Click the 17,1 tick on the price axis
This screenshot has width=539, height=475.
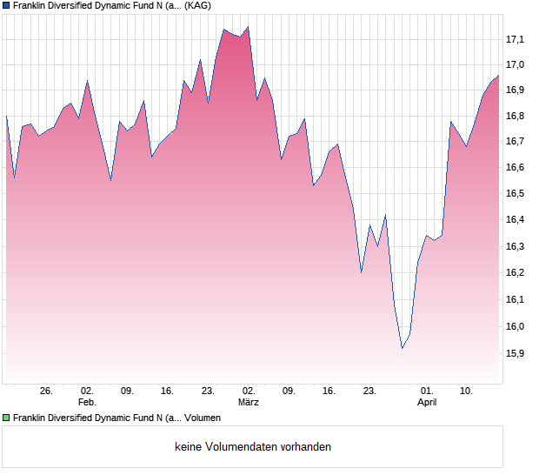click(x=516, y=39)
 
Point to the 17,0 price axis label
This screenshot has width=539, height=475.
click(x=516, y=64)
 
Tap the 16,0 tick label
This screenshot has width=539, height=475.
click(x=516, y=327)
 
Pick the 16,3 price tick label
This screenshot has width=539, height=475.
click(x=516, y=247)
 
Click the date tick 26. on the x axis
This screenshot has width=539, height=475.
click(x=47, y=391)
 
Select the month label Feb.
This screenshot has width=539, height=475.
click(x=86, y=403)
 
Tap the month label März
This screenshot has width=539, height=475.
click(x=249, y=403)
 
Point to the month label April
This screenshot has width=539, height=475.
click(x=427, y=403)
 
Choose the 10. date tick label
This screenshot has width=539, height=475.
click(x=467, y=391)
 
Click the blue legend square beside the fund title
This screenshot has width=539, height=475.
click(x=6, y=5)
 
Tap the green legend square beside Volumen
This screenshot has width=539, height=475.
click(x=6, y=418)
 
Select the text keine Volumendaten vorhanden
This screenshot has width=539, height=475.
click(x=253, y=447)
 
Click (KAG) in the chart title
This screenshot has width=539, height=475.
click(x=197, y=5)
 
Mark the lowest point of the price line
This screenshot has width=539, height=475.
click(x=402, y=349)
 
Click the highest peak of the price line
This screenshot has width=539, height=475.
click(x=248, y=27)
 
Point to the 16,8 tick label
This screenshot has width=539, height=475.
click(x=516, y=116)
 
